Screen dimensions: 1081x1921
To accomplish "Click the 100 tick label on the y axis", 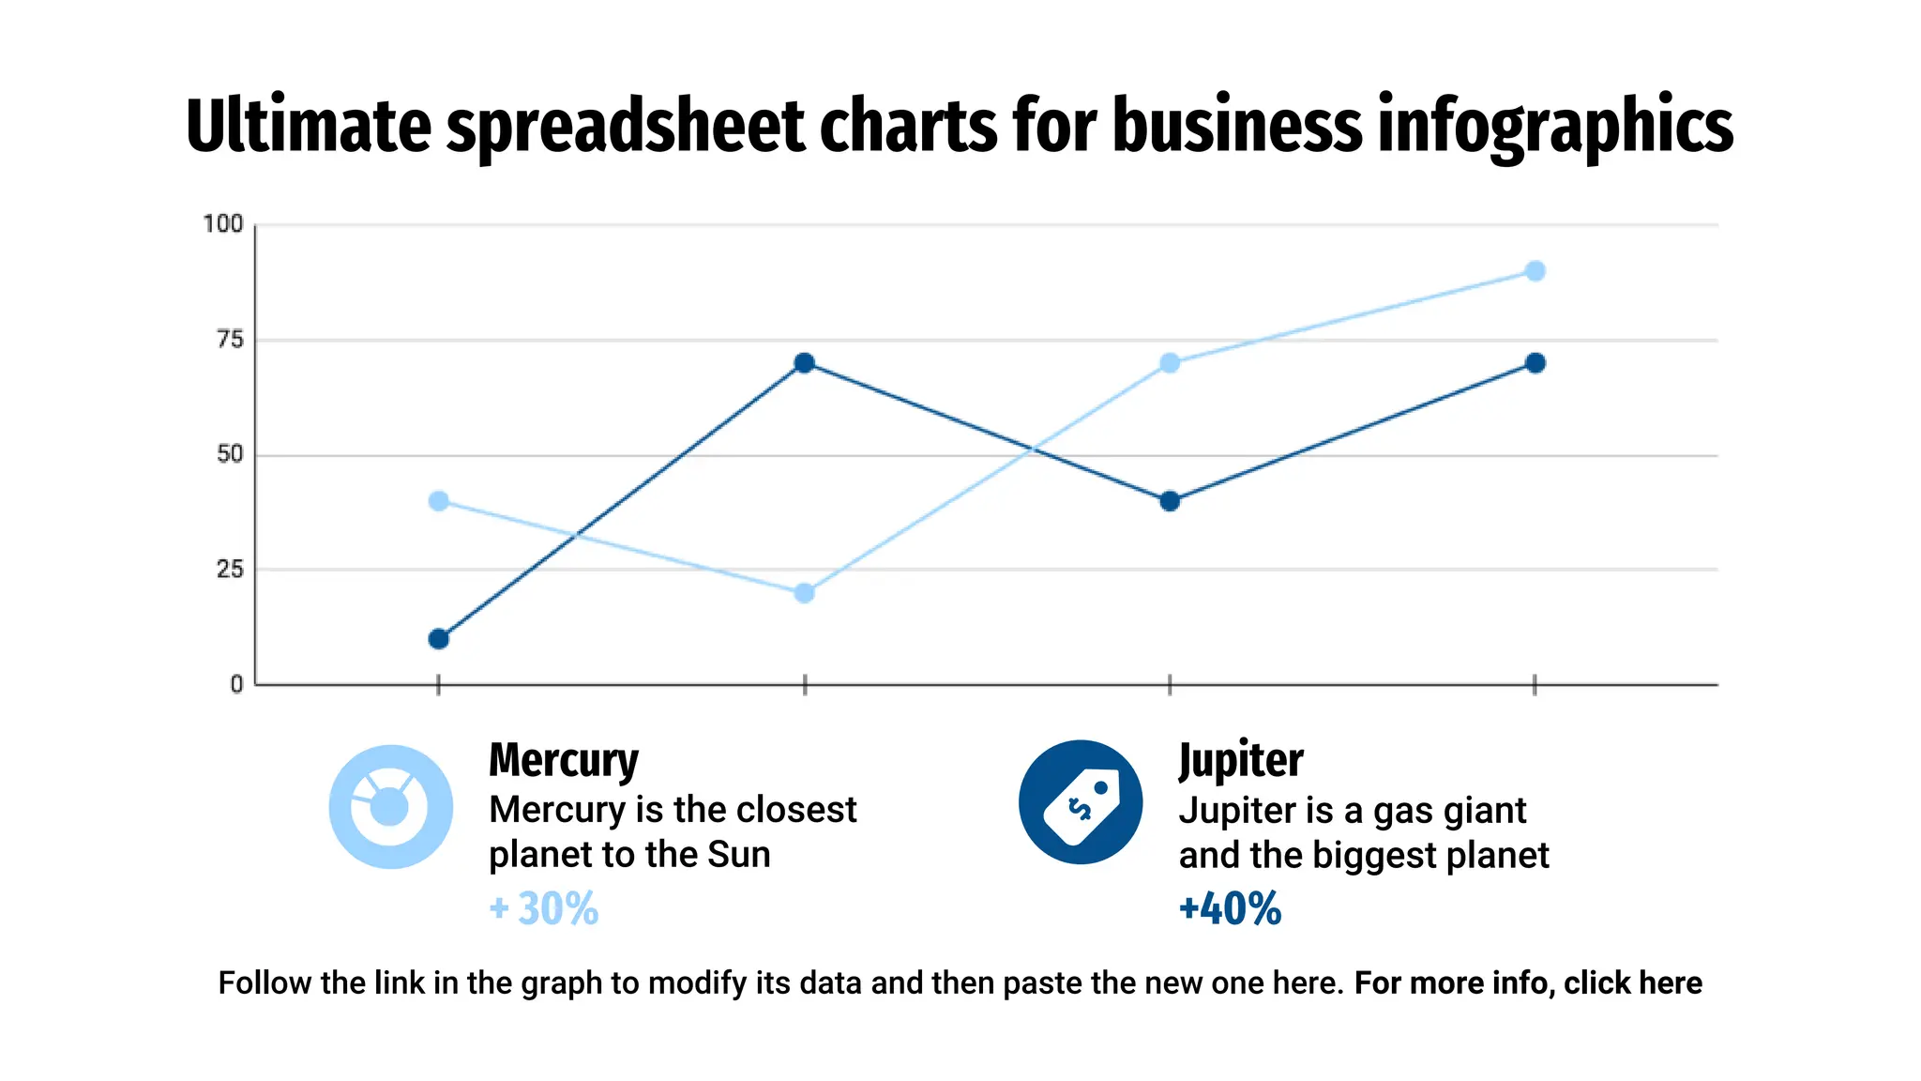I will [x=223, y=224].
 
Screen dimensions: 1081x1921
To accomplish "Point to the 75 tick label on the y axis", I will [x=230, y=340].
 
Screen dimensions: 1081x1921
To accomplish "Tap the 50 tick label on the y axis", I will [x=230, y=455].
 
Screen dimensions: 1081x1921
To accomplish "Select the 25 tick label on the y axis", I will [x=230, y=570].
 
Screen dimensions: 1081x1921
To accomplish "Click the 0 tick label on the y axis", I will [x=236, y=685].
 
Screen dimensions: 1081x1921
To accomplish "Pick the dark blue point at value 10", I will [x=438, y=639].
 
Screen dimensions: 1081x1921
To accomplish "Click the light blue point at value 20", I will [x=804, y=593].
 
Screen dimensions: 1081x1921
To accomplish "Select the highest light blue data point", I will [x=1535, y=271].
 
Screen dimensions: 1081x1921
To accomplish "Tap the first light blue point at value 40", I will [x=438, y=501].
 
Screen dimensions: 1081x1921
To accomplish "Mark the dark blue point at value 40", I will [x=1169, y=501].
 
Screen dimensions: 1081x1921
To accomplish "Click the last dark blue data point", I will [x=1535, y=363].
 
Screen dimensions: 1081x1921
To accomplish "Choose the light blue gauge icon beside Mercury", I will [x=390, y=807].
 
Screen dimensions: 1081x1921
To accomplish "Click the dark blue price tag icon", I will [x=1081, y=802].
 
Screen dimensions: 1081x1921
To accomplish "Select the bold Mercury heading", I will [x=563, y=760].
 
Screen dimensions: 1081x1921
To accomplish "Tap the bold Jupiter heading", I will [x=1240, y=760].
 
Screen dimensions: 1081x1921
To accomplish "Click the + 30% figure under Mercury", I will [x=544, y=908].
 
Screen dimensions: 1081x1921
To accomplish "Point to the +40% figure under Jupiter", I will [x=1230, y=908].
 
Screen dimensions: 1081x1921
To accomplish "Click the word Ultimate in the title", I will [x=308, y=127].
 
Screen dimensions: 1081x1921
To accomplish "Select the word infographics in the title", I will [x=1555, y=127].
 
